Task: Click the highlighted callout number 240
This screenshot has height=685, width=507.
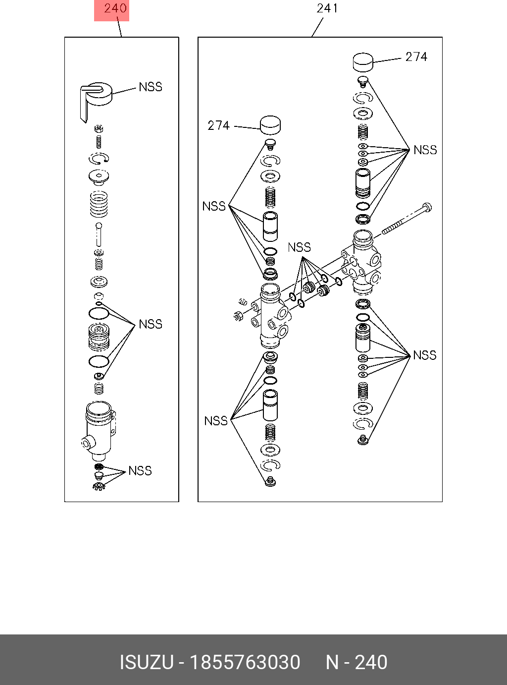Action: tap(115, 8)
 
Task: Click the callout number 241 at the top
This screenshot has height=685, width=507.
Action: tap(327, 8)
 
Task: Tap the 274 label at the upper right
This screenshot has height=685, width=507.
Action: tap(416, 57)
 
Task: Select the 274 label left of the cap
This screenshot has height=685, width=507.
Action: tap(218, 126)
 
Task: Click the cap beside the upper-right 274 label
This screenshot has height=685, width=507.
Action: tap(363, 62)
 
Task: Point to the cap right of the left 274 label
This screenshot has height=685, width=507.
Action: tap(270, 125)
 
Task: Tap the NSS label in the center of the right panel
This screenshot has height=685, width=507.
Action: tap(299, 247)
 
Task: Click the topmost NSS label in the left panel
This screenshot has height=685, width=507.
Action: tap(151, 87)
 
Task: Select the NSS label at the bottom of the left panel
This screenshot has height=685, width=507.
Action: tap(140, 470)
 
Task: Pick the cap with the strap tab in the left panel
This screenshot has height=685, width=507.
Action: tap(96, 97)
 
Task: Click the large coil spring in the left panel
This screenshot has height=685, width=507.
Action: tap(99, 204)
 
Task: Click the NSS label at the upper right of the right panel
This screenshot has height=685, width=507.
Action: tap(425, 150)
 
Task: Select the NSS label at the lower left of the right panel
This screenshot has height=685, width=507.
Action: tap(216, 421)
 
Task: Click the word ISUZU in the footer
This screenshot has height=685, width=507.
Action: tap(147, 663)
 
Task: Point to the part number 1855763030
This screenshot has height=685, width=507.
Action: tap(245, 663)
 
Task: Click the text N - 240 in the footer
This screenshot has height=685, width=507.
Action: tap(356, 663)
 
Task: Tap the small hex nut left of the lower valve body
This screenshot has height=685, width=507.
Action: tap(237, 315)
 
